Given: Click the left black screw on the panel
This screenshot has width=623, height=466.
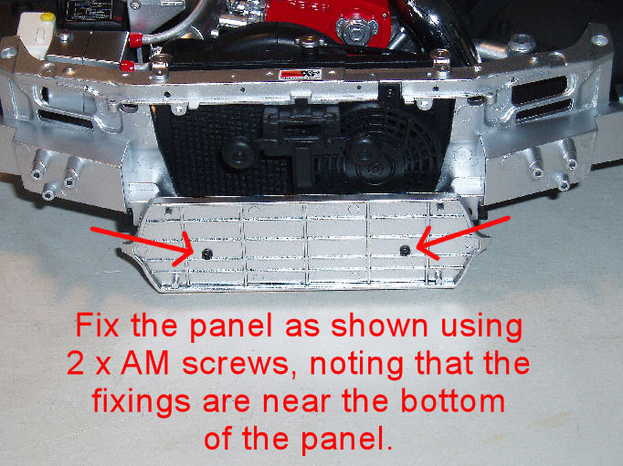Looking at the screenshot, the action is point(207,254).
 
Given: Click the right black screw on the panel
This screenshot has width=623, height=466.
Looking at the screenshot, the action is point(405,250).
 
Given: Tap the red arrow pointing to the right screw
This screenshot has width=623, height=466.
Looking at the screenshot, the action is point(463,238).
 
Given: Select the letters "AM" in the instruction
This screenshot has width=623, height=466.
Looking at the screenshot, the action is point(145,364).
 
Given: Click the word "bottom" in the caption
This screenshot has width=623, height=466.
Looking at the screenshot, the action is point(452,401).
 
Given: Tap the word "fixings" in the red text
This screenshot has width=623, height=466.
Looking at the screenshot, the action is point(142,403).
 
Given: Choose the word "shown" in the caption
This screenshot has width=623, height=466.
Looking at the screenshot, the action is point(379,326).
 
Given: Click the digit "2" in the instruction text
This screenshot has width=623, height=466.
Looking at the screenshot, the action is point(76,364).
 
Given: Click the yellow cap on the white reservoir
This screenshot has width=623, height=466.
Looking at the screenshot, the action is point(48,17).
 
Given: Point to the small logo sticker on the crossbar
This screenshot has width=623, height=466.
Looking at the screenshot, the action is point(295,74).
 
